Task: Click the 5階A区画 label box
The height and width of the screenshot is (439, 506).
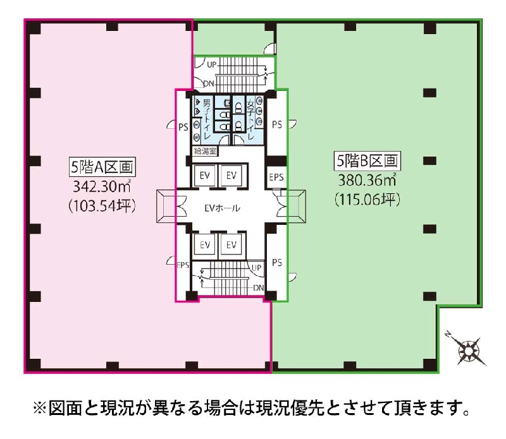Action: [x=102, y=167]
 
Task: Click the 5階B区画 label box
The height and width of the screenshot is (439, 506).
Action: [x=367, y=160]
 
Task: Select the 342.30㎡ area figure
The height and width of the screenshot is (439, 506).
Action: [x=102, y=186]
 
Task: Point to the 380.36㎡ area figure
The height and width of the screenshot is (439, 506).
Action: [x=367, y=180]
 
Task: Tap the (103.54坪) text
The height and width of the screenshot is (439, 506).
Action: [x=102, y=206]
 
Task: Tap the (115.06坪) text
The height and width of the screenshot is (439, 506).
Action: [x=367, y=200]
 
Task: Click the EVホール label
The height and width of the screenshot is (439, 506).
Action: [x=223, y=208]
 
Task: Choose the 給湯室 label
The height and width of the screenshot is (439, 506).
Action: [x=205, y=151]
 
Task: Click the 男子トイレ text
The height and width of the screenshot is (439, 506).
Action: [x=207, y=119]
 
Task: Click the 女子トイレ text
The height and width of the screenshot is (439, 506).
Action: [x=250, y=119]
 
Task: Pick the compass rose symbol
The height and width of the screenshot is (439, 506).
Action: [x=467, y=349]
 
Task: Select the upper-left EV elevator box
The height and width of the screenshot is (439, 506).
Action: [x=205, y=176]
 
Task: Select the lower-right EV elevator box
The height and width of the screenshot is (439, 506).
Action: [x=231, y=244]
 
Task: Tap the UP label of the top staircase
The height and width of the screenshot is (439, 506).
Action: [x=212, y=65]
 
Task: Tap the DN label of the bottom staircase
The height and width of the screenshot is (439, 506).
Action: [x=259, y=288]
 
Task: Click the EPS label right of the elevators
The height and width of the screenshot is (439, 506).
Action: [x=276, y=177]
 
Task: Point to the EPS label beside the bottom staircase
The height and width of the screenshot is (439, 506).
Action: [x=183, y=265]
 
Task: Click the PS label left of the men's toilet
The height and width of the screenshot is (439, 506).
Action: [x=183, y=128]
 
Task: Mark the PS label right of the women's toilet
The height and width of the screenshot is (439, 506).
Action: [x=277, y=124]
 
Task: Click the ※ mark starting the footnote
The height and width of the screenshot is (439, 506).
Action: [x=40, y=408]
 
